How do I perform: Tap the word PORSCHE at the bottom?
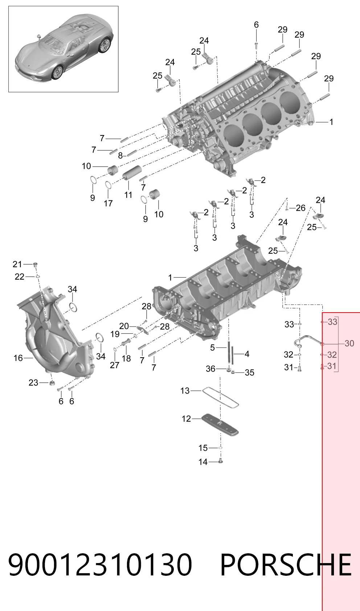(286, 565)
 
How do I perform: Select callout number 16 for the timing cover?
(18, 358)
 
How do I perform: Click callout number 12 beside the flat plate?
(186, 419)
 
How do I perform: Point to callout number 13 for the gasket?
(185, 391)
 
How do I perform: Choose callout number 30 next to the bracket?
(349, 343)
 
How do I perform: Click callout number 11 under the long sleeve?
(128, 195)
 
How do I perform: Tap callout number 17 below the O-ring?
(108, 203)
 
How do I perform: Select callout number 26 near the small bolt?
(300, 208)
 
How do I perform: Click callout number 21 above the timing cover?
(17, 264)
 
